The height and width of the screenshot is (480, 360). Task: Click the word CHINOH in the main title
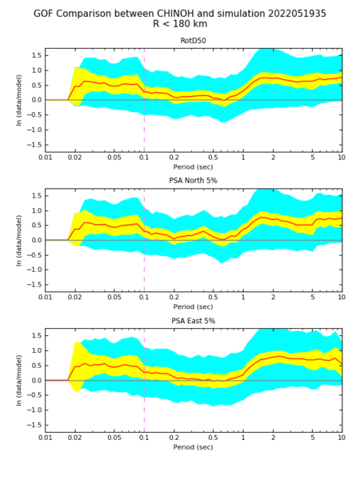[176, 14]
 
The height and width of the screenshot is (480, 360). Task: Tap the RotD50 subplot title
[193, 41]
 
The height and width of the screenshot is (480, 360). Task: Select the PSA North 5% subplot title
[193, 181]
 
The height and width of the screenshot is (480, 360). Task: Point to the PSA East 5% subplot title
[193, 321]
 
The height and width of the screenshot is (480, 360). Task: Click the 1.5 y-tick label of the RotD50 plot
[37, 55]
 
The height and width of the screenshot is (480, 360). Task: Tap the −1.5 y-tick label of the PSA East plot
[34, 425]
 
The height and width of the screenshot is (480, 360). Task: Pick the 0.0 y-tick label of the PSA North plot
[37, 240]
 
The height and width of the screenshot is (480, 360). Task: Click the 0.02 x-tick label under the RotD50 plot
[75, 158]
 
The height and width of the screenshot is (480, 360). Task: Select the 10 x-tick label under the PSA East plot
[342, 438]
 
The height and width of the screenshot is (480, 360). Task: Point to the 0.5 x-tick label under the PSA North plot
[213, 298]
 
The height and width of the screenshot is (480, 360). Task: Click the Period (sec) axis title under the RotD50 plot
[193, 167]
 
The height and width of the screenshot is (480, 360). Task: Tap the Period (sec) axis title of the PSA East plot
[193, 447]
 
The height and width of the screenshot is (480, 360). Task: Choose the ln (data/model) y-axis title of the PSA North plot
[19, 240]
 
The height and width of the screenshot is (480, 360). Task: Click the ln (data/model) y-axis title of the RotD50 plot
[19, 100]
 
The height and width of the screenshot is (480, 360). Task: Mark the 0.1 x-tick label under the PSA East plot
[144, 438]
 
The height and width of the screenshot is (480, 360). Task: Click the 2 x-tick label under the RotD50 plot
[273, 158]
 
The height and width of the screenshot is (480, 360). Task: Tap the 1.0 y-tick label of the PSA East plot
[37, 350]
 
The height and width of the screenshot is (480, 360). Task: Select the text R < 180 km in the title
[180, 23]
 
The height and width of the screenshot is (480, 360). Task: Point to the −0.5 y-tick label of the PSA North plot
[34, 255]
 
